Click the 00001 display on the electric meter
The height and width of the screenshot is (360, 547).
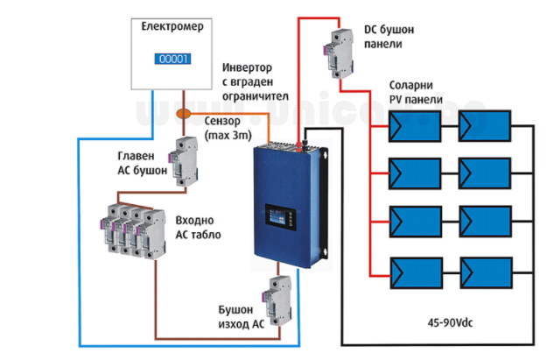coord(174,60)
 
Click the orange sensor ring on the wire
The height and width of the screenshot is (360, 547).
coord(184,113)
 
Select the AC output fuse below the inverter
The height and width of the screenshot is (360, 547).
coord(279,301)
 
